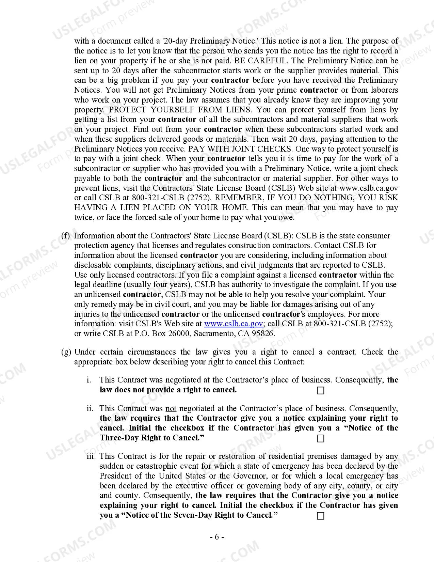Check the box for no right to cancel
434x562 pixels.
[x=320, y=390]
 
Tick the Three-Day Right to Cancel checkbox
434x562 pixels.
[x=320, y=438]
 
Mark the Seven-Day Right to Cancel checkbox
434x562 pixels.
[x=320, y=516]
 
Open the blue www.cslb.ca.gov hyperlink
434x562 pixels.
[x=233, y=324]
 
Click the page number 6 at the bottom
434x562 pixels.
[x=217, y=537]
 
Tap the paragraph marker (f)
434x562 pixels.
[x=65, y=236]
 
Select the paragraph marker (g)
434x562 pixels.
[x=66, y=352]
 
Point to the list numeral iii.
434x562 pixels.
[x=91, y=456]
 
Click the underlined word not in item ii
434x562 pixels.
[x=171, y=408]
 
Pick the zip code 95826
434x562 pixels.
[x=263, y=333]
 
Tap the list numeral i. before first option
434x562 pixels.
[x=89, y=380]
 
